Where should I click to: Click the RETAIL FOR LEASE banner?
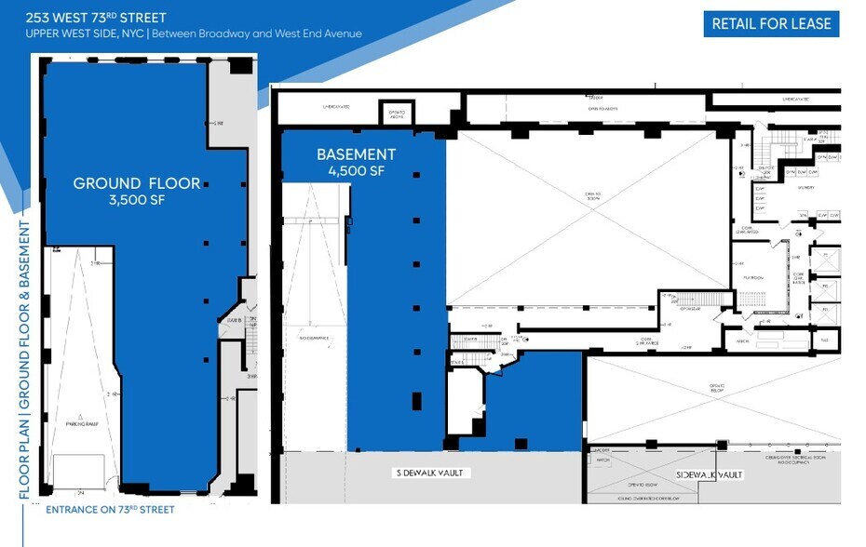tap(771, 24)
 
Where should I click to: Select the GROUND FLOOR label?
tap(137, 183)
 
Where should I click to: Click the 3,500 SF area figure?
tap(137, 200)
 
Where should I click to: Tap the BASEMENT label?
tap(356, 154)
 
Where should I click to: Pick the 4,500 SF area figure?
tap(356, 171)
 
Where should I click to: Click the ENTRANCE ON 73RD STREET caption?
tap(110, 509)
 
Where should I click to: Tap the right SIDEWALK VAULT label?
tap(710, 475)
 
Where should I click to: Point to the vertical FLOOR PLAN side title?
tap(25, 363)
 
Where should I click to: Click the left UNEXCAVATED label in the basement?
tap(336, 107)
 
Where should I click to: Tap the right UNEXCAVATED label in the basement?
tap(794, 98)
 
